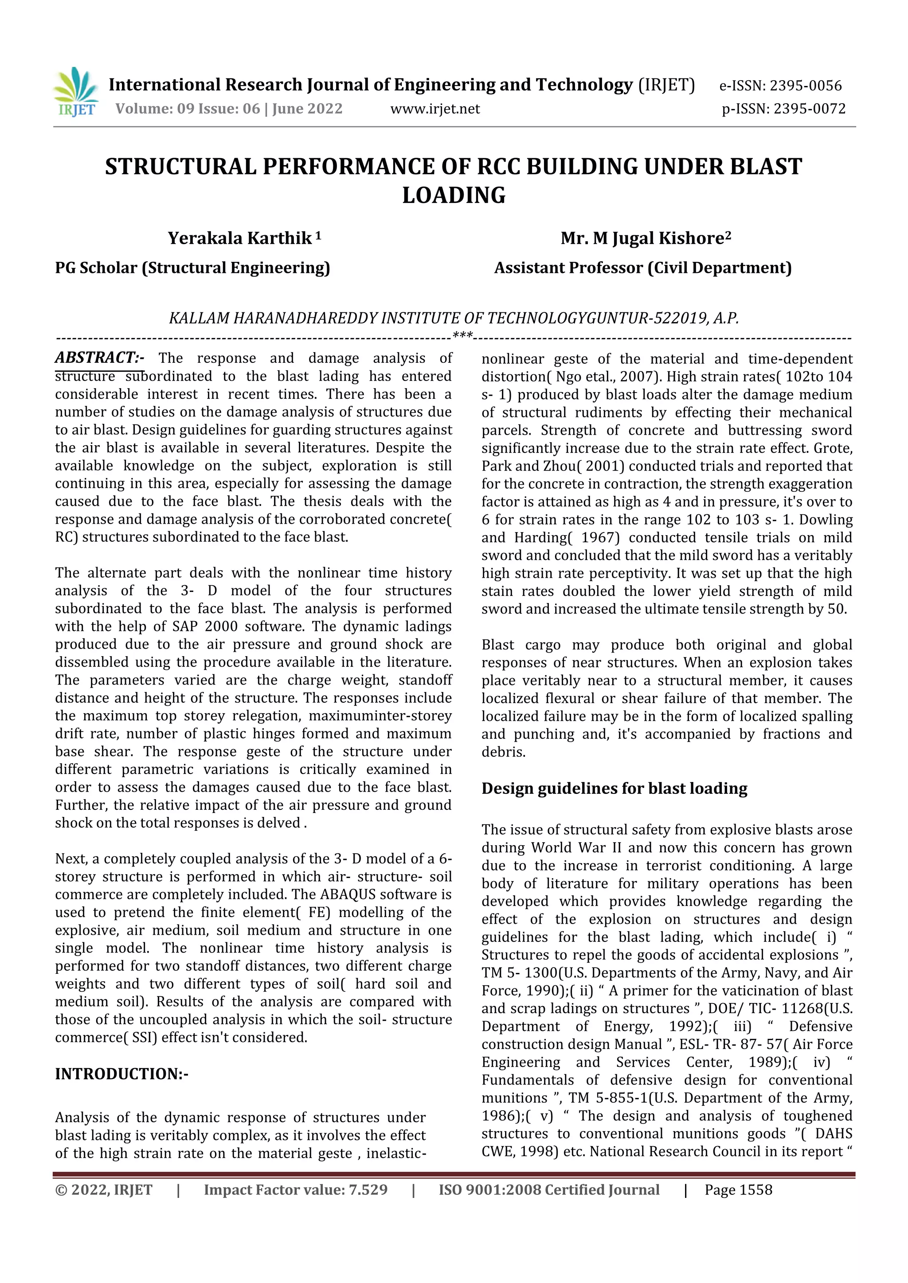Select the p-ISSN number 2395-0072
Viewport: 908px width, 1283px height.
pos(809,109)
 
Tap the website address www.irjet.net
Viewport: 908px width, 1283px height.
pos(435,109)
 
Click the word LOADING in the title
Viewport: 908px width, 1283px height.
pos(454,195)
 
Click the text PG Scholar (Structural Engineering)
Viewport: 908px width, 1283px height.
pos(192,268)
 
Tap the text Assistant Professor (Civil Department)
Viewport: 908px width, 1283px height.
pos(642,268)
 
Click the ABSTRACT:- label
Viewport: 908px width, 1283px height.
pos(99,358)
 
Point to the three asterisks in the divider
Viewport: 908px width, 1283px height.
pos(462,335)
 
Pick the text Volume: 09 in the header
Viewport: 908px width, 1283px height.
pos(143,109)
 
